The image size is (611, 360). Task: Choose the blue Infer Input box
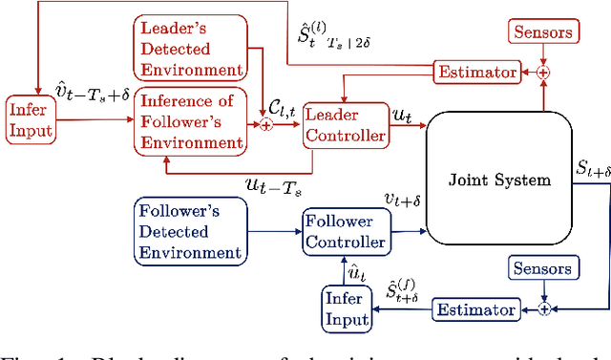coord(345,311)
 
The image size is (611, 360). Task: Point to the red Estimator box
coord(476,72)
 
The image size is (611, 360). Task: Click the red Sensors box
coord(544,32)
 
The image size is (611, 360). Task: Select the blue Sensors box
coord(543,270)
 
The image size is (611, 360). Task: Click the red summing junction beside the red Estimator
coord(544,71)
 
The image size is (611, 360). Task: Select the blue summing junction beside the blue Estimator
coord(544,308)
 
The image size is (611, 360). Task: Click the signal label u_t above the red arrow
coord(403,113)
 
